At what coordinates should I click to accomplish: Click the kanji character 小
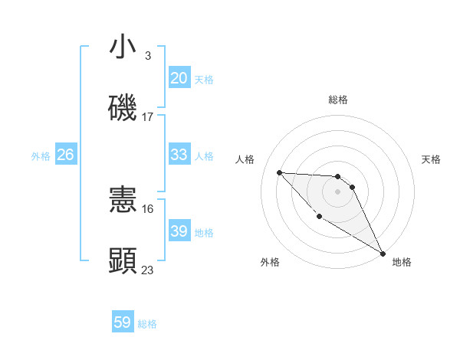point(123,47)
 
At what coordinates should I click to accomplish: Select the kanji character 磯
point(123,108)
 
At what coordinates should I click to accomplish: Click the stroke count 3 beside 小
point(147,56)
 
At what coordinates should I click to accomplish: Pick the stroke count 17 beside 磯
point(148,117)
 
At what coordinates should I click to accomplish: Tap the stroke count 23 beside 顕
point(148,270)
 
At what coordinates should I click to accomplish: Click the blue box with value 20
point(179,78)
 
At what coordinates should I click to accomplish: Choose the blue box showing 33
point(179,155)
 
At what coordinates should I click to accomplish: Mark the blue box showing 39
point(179,231)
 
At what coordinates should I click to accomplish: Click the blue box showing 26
point(65,155)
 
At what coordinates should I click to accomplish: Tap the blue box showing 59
point(123,322)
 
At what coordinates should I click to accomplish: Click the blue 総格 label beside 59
point(147,324)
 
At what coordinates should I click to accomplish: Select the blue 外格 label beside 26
point(41,156)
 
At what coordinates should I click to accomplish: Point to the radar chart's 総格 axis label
point(338,100)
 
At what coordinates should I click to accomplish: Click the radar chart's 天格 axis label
point(431,159)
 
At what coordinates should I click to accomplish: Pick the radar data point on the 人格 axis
point(279,172)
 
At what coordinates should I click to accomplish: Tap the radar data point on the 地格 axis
point(383,253)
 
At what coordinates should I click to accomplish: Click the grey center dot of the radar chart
point(338,191)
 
